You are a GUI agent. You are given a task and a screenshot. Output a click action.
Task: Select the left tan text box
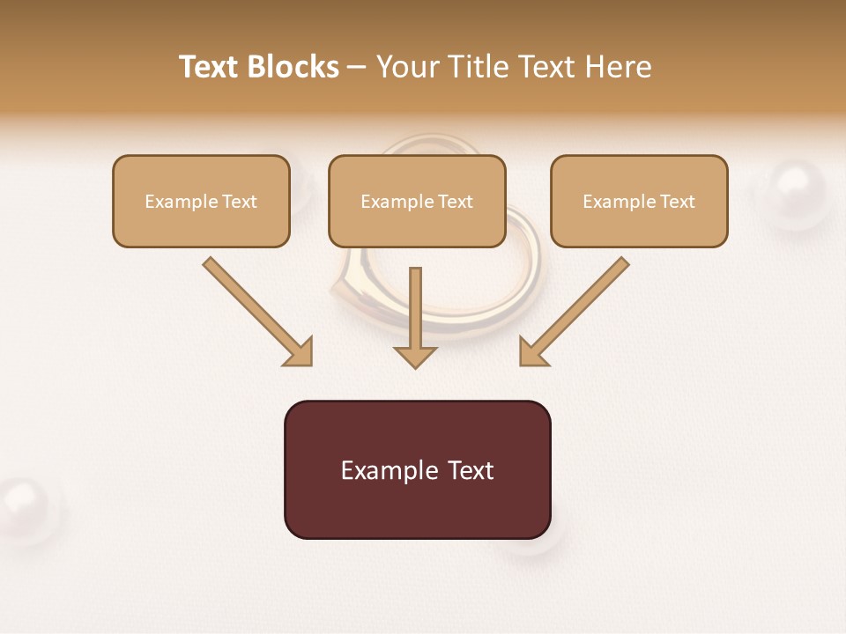coord(201,201)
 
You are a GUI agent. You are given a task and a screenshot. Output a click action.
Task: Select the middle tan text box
coord(417,201)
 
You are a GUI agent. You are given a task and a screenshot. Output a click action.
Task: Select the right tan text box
coord(639,201)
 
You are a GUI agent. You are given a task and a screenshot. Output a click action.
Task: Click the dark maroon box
coord(417,469)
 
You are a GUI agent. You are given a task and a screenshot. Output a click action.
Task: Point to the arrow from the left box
coord(256,310)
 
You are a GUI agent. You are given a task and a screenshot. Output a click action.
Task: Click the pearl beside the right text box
coord(795,193)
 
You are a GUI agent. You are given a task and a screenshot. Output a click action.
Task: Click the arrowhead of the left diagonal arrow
coord(300,352)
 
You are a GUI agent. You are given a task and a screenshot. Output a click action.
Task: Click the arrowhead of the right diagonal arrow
coord(532,352)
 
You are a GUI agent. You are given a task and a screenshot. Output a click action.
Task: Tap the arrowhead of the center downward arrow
coord(415,356)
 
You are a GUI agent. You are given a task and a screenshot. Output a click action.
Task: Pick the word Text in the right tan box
coord(677,202)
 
